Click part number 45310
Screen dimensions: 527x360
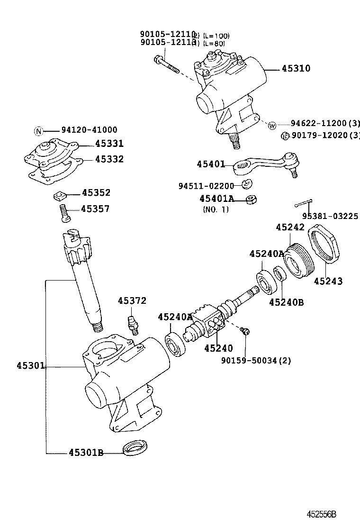[x=296, y=68]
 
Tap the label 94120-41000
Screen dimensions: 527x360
[x=89, y=130]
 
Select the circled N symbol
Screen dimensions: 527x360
[x=39, y=130]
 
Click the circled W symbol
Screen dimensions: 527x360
[x=272, y=126]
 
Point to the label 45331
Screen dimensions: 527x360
[x=109, y=144]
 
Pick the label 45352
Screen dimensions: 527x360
[x=96, y=192]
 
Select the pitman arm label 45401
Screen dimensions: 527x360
[x=211, y=164]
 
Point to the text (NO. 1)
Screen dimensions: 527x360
[x=216, y=209]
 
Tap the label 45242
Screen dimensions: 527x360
[x=290, y=227]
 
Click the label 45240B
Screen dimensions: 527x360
[x=287, y=301]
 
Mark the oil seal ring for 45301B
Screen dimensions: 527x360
[x=135, y=447]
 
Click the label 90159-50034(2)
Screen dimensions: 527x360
[x=256, y=361]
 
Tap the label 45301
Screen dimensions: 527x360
[x=31, y=365]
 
